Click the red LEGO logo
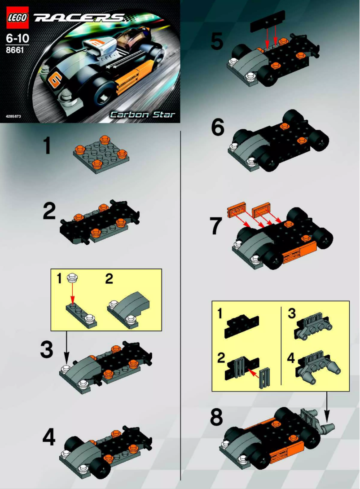pyautogui.click(x=17, y=18)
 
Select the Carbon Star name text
pyautogui.click(x=143, y=114)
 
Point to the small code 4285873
pyautogui.click(x=13, y=116)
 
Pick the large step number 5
pyautogui.click(x=217, y=42)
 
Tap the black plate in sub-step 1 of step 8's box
pyautogui.click(x=242, y=323)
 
